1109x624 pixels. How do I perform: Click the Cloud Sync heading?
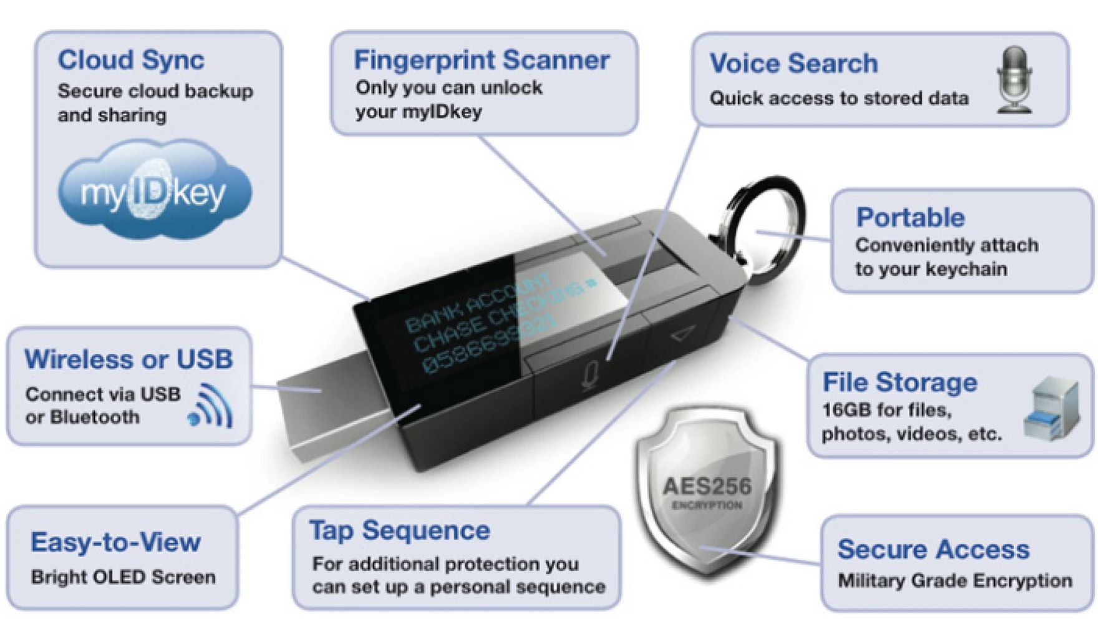tap(130, 60)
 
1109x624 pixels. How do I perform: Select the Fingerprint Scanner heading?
tap(482, 60)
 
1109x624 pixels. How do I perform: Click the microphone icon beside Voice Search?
tap(1014, 80)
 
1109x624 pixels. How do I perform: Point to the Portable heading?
tap(910, 217)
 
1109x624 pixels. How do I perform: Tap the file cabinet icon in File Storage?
tap(1052, 409)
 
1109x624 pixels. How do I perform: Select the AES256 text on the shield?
tap(707, 486)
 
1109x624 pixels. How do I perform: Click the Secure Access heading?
tap(933, 549)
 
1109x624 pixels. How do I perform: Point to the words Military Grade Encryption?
tap(954, 580)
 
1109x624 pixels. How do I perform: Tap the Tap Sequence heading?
tap(400, 530)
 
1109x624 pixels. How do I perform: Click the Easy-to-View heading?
tap(115, 542)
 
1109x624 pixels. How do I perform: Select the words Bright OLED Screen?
tap(123, 577)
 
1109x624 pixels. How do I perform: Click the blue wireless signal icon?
tap(211, 406)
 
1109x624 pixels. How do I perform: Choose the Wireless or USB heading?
tap(128, 359)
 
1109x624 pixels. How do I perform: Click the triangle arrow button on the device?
tap(684, 336)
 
